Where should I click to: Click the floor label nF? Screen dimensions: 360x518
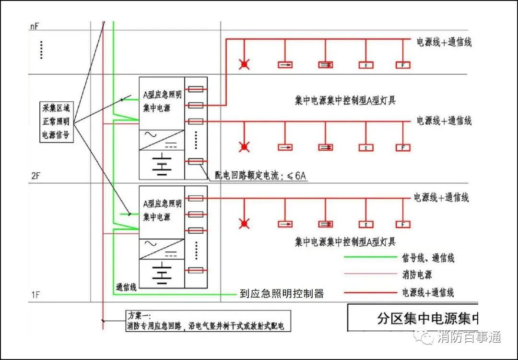point(34,27)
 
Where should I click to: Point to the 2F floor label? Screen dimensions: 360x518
point(35,176)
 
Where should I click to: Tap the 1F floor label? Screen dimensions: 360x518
point(35,295)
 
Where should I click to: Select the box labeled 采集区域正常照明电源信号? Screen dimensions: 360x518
point(56,122)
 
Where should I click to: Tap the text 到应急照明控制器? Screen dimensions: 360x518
point(282,294)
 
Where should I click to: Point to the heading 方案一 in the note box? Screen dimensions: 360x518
point(139,316)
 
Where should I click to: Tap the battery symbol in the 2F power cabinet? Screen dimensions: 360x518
point(162,164)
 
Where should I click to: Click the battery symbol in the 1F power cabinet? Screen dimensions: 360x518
point(162,273)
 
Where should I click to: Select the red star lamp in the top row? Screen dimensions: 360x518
point(245,64)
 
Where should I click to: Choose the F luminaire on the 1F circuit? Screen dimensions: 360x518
point(403,224)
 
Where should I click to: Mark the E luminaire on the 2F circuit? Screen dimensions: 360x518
point(366,147)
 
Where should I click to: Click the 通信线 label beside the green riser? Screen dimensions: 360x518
point(126,288)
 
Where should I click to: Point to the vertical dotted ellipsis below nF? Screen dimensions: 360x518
point(42,50)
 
